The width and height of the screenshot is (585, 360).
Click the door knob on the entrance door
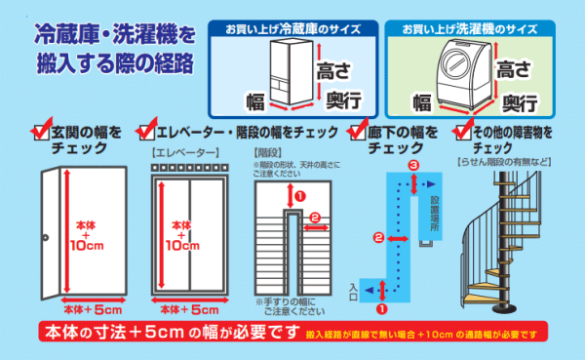45,239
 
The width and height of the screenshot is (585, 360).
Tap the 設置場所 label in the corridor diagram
436,209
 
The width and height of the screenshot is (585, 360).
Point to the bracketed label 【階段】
266,153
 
